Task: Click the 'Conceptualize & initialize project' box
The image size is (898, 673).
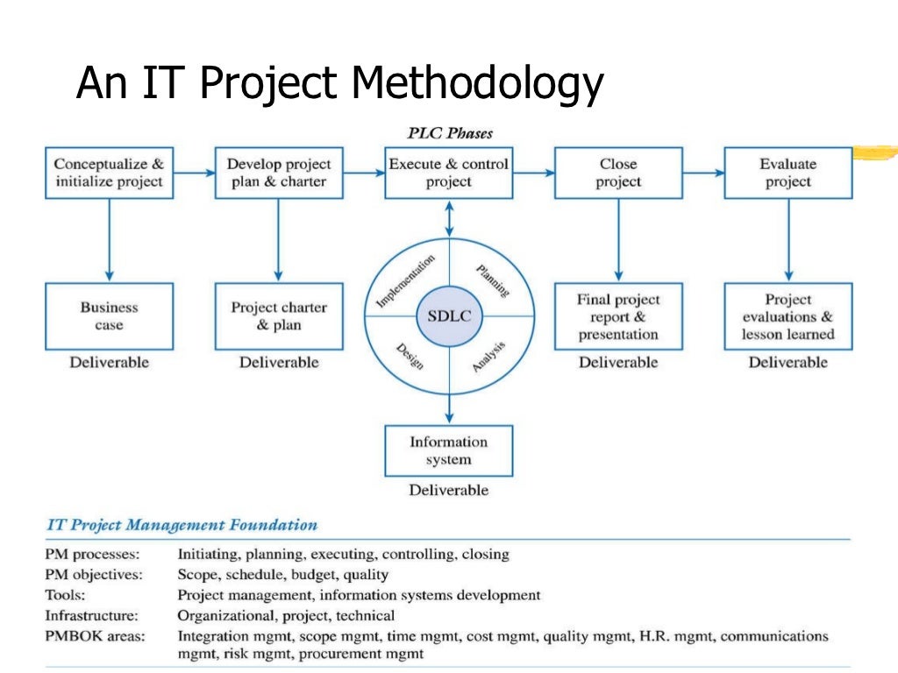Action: pyautogui.click(x=110, y=173)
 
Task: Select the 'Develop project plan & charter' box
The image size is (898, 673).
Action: pyautogui.click(x=279, y=173)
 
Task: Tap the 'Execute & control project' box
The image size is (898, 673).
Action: pyautogui.click(x=449, y=173)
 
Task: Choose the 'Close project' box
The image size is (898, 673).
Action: pyautogui.click(x=618, y=173)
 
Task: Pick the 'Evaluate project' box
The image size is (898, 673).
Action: pyautogui.click(x=788, y=173)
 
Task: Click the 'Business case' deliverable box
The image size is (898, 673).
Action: pyautogui.click(x=110, y=316)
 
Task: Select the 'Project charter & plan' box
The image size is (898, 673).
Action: pyautogui.click(x=279, y=316)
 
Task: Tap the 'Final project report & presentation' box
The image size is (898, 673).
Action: pyautogui.click(x=618, y=316)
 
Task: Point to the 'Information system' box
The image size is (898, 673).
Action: pyautogui.click(x=449, y=450)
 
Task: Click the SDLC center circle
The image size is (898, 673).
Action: pyautogui.click(x=449, y=316)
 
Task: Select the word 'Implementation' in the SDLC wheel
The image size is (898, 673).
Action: pyautogui.click(x=405, y=280)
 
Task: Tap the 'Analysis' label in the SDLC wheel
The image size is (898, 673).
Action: pyautogui.click(x=489, y=356)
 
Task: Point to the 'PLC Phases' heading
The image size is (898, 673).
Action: pyautogui.click(x=450, y=133)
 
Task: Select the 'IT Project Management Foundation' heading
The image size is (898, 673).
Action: pyautogui.click(x=182, y=526)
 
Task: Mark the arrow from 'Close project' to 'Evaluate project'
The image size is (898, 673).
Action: pyautogui.click(x=702, y=173)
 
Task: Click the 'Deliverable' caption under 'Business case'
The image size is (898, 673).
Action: pyautogui.click(x=110, y=362)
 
